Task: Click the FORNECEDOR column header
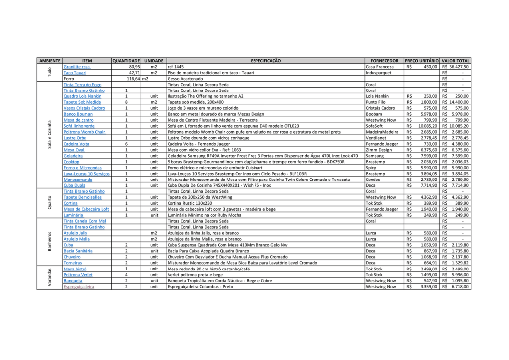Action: coord(384,61)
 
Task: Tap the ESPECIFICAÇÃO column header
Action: coord(265,61)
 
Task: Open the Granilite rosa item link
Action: coord(77,67)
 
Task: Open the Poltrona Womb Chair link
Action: coord(84,132)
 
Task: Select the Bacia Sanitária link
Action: coord(78,251)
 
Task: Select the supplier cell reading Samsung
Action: coord(375,156)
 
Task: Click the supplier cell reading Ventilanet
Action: coord(376,138)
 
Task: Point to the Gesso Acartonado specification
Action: coord(185,79)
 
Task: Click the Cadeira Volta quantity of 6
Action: coord(127,144)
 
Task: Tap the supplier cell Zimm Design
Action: coord(379,150)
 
